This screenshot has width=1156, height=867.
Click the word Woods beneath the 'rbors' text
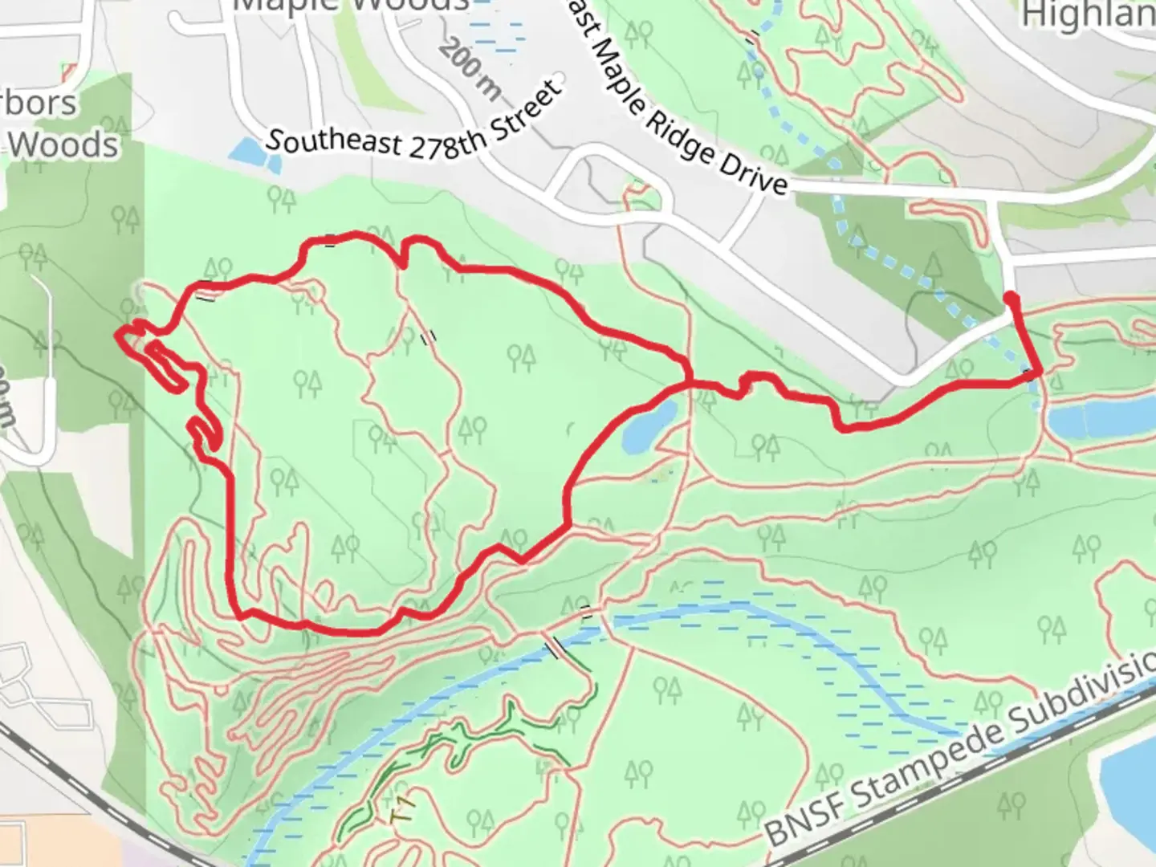click(x=64, y=145)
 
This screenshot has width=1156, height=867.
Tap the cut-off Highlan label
click(x=1089, y=14)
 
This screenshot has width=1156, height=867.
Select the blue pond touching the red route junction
click(x=649, y=426)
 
